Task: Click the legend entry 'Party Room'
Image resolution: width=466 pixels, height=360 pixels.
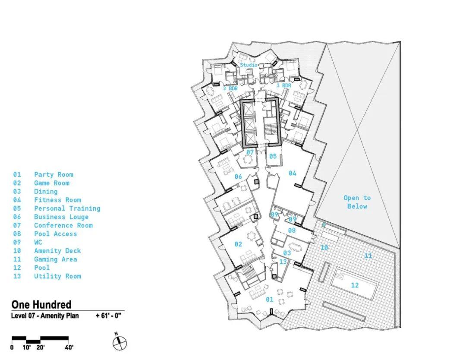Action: click(x=54, y=174)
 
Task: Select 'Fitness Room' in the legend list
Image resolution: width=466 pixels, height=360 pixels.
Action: click(x=57, y=200)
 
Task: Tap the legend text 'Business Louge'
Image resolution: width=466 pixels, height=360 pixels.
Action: click(x=61, y=217)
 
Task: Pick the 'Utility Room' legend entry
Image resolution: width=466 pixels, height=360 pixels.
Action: click(x=57, y=276)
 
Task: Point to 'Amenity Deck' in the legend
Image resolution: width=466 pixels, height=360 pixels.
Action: click(x=57, y=251)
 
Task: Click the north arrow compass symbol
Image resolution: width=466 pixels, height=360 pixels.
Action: click(x=120, y=343)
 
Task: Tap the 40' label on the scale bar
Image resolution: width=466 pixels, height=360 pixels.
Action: click(x=68, y=347)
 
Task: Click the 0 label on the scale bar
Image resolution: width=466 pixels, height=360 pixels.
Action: click(x=12, y=347)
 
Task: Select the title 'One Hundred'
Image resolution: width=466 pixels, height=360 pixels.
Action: click(x=41, y=305)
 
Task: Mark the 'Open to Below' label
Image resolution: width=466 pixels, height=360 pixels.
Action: click(x=357, y=202)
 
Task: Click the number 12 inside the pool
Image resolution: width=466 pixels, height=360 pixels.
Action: click(x=355, y=285)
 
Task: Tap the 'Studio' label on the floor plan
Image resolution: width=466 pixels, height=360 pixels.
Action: click(x=249, y=65)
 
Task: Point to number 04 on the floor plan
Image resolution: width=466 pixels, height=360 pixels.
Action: click(x=293, y=173)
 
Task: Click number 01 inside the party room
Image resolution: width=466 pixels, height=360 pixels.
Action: click(x=270, y=299)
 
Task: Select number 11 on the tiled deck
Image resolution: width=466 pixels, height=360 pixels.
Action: click(x=368, y=256)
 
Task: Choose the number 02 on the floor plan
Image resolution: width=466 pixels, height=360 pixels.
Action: click(x=238, y=244)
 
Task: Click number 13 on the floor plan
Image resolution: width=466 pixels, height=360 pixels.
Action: click(x=283, y=262)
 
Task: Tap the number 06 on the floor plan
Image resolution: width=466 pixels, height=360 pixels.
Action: click(x=238, y=177)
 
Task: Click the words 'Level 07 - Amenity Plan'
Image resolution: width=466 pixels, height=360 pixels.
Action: click(x=45, y=316)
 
